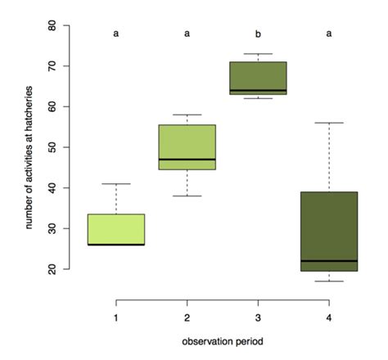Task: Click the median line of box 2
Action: (187, 160)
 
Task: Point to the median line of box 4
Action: (329, 261)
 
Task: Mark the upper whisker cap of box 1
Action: (116, 184)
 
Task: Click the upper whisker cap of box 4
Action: (329, 123)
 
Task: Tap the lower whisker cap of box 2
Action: (187, 196)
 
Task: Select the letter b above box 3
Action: (258, 34)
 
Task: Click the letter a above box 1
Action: (116, 34)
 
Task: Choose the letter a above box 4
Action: (329, 34)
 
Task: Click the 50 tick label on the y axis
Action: (52, 147)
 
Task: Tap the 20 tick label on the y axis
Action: (52, 269)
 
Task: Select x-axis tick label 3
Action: (258, 317)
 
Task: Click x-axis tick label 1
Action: (116, 317)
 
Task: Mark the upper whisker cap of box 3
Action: (258, 54)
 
